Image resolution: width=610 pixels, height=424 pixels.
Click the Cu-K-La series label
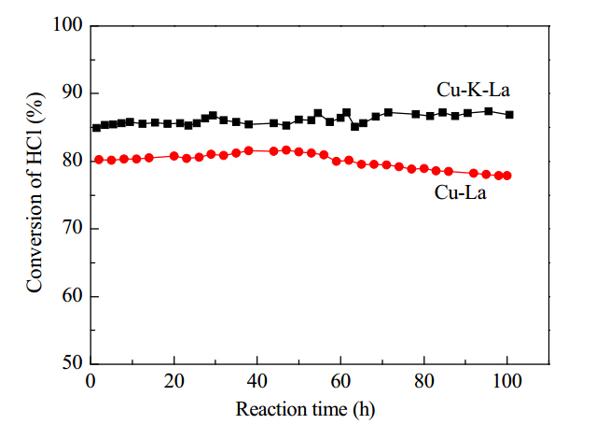click(473, 90)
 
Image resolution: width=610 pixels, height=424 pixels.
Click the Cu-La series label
click(460, 192)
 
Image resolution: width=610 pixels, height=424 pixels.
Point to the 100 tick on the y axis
click(68, 24)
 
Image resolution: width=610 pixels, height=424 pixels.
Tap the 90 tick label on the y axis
click(73, 92)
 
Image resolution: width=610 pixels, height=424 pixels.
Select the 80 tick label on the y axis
click(73, 161)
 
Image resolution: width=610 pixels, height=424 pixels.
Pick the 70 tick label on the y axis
click(73, 228)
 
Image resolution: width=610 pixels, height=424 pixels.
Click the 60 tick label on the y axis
click(73, 296)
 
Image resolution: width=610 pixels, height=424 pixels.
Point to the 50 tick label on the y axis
click(73, 363)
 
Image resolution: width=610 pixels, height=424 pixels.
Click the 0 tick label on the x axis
click(90, 381)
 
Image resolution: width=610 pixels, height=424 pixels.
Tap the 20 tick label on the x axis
click(173, 381)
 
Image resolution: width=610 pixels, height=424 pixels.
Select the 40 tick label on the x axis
click(257, 381)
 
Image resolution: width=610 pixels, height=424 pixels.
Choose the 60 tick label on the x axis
click(340, 381)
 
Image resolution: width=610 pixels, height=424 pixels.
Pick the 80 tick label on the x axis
click(424, 381)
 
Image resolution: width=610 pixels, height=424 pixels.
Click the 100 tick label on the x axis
click(506, 381)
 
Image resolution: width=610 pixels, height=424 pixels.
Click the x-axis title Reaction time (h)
click(305, 409)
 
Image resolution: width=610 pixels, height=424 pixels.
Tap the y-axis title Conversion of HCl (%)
click(35, 192)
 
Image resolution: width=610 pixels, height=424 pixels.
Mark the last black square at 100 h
click(509, 115)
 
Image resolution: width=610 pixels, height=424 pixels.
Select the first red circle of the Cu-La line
click(99, 160)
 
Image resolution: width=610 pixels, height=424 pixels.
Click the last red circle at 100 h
click(506, 176)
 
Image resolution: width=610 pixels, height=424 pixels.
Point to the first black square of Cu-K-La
click(96, 127)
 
